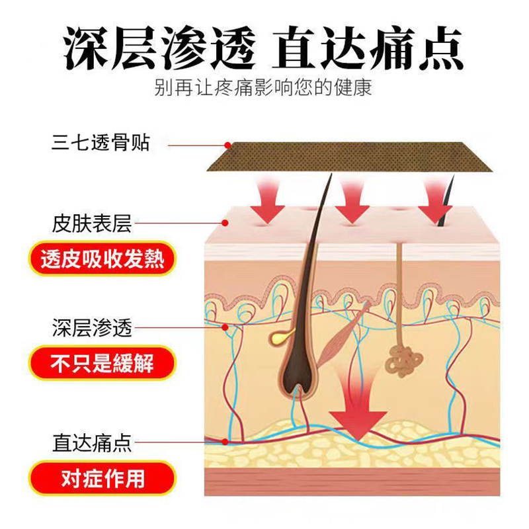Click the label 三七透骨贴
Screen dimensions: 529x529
tap(101, 142)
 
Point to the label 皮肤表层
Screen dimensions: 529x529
tap(92, 224)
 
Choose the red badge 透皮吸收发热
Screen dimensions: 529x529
tap(102, 259)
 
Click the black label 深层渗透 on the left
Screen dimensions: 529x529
tap(92, 327)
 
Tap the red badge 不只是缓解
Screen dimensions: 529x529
tap(102, 363)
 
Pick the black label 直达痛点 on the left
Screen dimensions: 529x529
tap(92, 442)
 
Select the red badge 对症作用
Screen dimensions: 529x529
tap(102, 478)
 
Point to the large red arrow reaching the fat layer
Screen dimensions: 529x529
tap(358, 410)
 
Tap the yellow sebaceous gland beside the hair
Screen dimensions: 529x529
tap(277, 335)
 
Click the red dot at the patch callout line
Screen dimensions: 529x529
tap(227, 145)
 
